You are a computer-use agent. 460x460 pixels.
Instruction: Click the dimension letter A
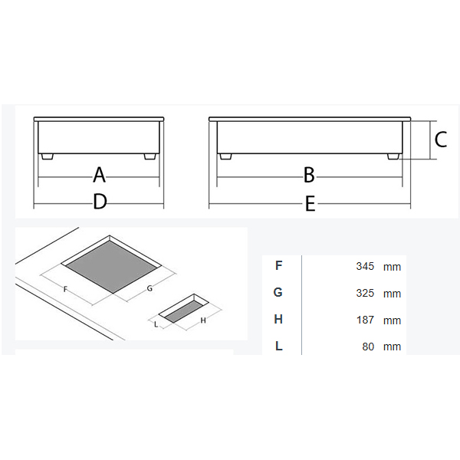99,175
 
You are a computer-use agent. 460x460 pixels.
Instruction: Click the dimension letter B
309,175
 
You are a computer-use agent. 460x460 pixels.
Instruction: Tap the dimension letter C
441,140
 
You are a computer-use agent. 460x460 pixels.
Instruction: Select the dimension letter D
100,202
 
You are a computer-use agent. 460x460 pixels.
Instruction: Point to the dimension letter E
310,204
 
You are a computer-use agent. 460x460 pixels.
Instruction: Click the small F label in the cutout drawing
65,290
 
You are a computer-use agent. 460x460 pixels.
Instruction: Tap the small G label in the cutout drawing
149,288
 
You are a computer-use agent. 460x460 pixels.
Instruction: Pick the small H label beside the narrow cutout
203,320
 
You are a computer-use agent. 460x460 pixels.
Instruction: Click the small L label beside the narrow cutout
156,324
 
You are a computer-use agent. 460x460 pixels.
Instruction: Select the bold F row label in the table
279,265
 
